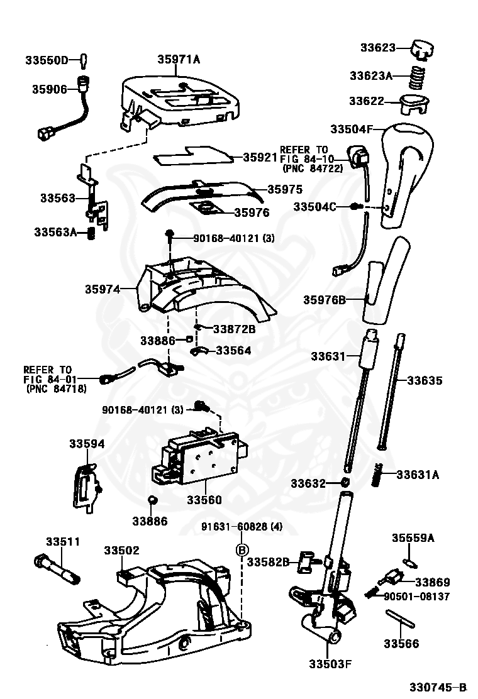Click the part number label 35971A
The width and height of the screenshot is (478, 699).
click(x=178, y=60)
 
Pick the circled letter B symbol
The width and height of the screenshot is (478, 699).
click(x=240, y=550)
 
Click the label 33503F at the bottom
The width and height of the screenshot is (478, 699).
click(x=330, y=664)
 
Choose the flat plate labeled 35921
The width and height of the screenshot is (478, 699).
click(x=192, y=155)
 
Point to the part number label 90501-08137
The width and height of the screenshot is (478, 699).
click(x=416, y=596)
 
